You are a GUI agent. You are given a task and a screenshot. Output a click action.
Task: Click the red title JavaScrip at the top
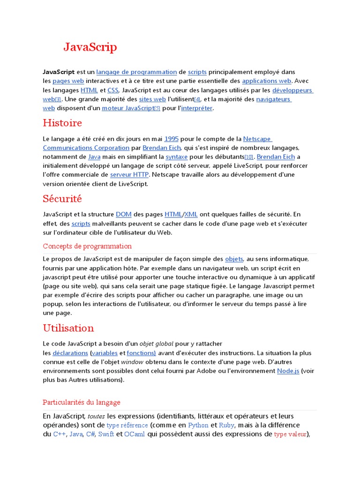pyautogui.click(x=90, y=47)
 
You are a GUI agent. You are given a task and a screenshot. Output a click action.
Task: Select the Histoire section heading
pyautogui.click(x=62, y=123)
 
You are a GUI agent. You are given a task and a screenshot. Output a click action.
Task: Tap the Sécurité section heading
pyautogui.click(x=62, y=199)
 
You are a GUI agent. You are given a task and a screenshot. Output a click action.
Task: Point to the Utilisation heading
pyautogui.click(x=68, y=328)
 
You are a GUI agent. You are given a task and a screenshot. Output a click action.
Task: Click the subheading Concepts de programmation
pyautogui.click(x=87, y=246)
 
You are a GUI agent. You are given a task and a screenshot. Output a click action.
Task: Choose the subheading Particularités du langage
pyautogui.click(x=82, y=402)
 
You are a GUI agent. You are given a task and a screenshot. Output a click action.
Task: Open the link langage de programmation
pyautogui.click(x=136, y=72)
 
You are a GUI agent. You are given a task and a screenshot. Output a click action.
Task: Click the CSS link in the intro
pyautogui.click(x=113, y=90)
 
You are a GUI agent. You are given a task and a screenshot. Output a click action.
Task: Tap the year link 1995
pyautogui.click(x=172, y=139)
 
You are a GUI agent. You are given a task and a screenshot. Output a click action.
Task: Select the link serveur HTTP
pyautogui.click(x=129, y=175)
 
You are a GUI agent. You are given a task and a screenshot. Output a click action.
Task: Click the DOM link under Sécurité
pyautogui.click(x=123, y=214)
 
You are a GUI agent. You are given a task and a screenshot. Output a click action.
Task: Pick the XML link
pyautogui.click(x=191, y=214)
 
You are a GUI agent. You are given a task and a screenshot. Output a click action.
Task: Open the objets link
pyautogui.click(x=234, y=259)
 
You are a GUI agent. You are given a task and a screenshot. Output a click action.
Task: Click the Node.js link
pyautogui.click(x=288, y=371)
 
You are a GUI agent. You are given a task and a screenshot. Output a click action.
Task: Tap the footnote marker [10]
pyautogui.click(x=249, y=157)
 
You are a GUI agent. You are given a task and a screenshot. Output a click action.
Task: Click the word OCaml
pyautogui.click(x=135, y=434)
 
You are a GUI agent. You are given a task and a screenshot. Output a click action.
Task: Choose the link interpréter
pyautogui.click(x=197, y=108)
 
